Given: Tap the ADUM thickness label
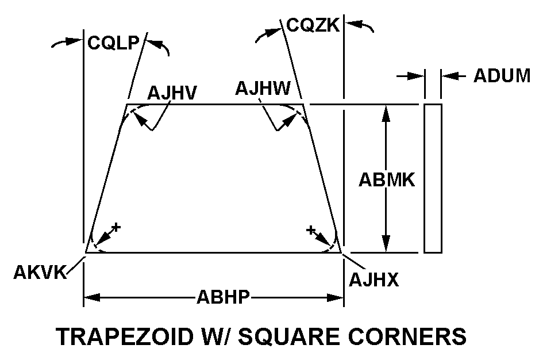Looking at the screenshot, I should [x=502, y=76].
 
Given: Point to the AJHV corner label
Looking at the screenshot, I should [x=172, y=92].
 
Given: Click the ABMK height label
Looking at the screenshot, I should [x=387, y=180].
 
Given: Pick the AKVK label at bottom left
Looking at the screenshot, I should [x=39, y=272].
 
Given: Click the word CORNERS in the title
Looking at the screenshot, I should [x=416, y=336].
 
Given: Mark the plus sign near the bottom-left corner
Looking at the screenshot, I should [x=116, y=227].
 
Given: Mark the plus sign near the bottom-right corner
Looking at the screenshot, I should [x=311, y=230].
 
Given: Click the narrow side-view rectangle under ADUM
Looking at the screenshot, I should [x=433, y=178].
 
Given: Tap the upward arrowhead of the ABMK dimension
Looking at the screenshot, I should [x=386, y=113].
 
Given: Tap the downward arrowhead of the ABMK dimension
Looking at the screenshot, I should [x=386, y=244].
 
